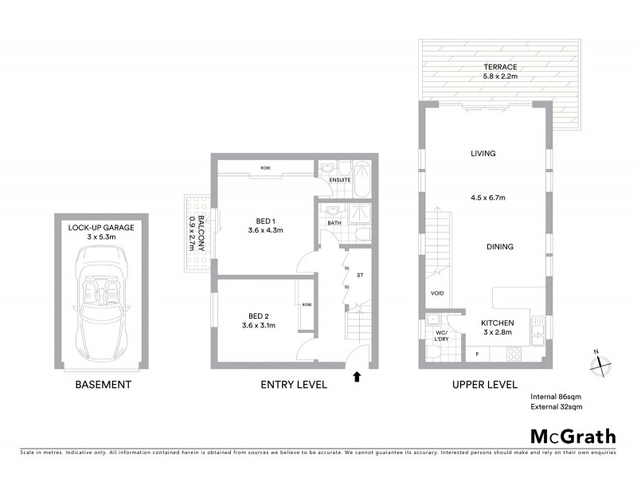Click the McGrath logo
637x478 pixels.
click(573, 436)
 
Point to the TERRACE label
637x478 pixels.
click(499, 67)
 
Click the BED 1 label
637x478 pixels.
click(266, 221)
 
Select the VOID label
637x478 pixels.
click(437, 294)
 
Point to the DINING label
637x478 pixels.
click(499, 247)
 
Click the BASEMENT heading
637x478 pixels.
click(103, 385)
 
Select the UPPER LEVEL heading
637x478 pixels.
click(484, 385)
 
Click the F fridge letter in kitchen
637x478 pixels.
click(477, 353)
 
